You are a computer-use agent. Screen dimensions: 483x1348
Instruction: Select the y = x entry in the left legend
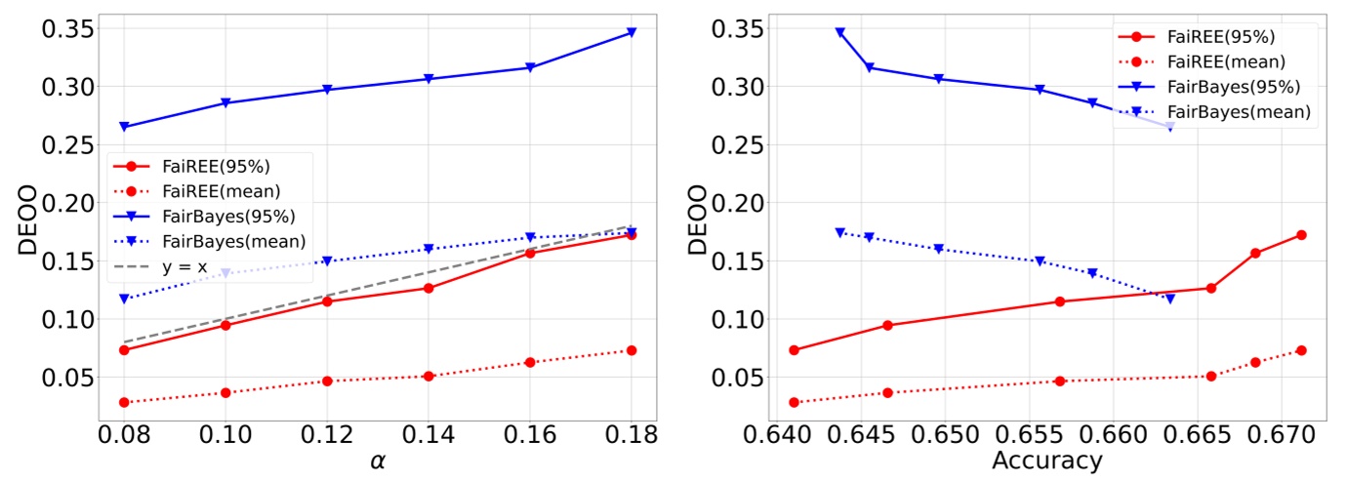(x=197, y=265)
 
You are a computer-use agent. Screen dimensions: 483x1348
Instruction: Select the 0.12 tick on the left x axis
(x=327, y=431)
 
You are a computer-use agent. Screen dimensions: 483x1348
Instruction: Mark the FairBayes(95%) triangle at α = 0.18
(x=632, y=32)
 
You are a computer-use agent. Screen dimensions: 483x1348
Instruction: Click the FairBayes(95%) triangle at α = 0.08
(x=124, y=127)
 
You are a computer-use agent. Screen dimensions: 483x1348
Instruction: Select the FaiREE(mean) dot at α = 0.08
(x=124, y=402)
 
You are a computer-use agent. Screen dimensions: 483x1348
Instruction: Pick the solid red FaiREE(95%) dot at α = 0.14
(x=429, y=288)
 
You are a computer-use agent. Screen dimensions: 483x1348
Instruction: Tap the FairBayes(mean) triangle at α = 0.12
(x=327, y=262)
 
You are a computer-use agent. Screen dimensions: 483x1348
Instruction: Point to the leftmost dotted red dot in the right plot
(x=794, y=402)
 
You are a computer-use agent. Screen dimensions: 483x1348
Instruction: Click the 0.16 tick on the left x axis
(x=530, y=431)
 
